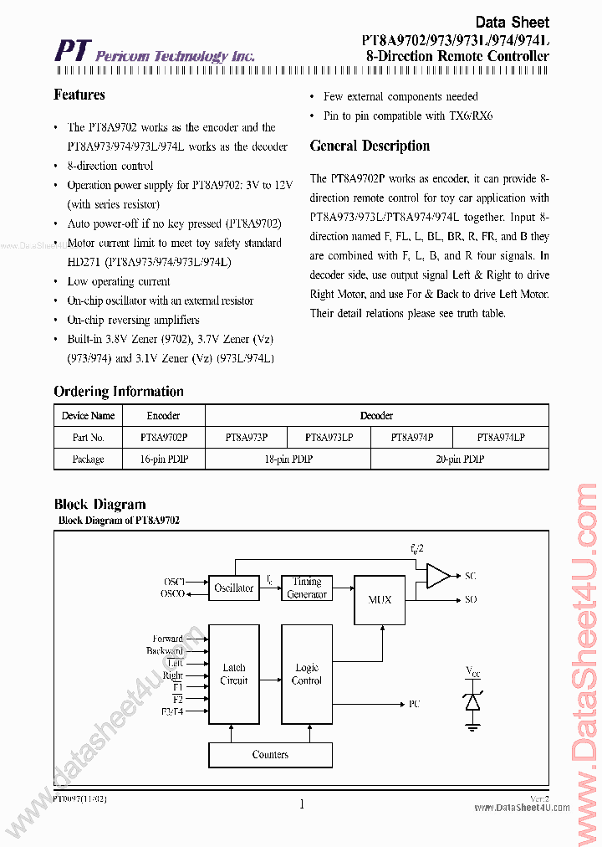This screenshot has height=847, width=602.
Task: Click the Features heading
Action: tap(79, 95)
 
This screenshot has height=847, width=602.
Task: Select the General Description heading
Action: tap(370, 146)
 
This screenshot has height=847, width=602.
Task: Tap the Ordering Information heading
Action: tap(119, 392)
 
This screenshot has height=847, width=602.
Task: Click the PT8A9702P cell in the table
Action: tap(164, 437)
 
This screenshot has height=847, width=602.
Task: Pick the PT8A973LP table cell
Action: tap(329, 437)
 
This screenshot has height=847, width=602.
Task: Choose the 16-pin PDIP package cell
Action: tap(164, 459)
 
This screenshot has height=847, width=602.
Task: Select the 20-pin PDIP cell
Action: tap(460, 459)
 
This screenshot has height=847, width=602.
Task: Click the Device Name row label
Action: tap(88, 415)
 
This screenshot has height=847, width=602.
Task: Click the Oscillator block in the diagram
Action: tap(233, 588)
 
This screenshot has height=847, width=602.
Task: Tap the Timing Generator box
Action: tap(307, 588)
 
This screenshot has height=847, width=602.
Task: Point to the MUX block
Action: tap(380, 600)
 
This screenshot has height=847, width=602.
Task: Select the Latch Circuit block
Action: tap(233, 674)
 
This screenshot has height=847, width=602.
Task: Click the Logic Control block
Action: tap(307, 674)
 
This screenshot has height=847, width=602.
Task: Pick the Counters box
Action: tap(270, 755)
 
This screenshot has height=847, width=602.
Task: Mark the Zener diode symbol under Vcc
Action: tap(472, 701)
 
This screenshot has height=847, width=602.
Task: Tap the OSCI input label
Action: tap(174, 581)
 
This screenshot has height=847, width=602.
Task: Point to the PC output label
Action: tap(415, 705)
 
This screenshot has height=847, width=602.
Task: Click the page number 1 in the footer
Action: tap(301, 805)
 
